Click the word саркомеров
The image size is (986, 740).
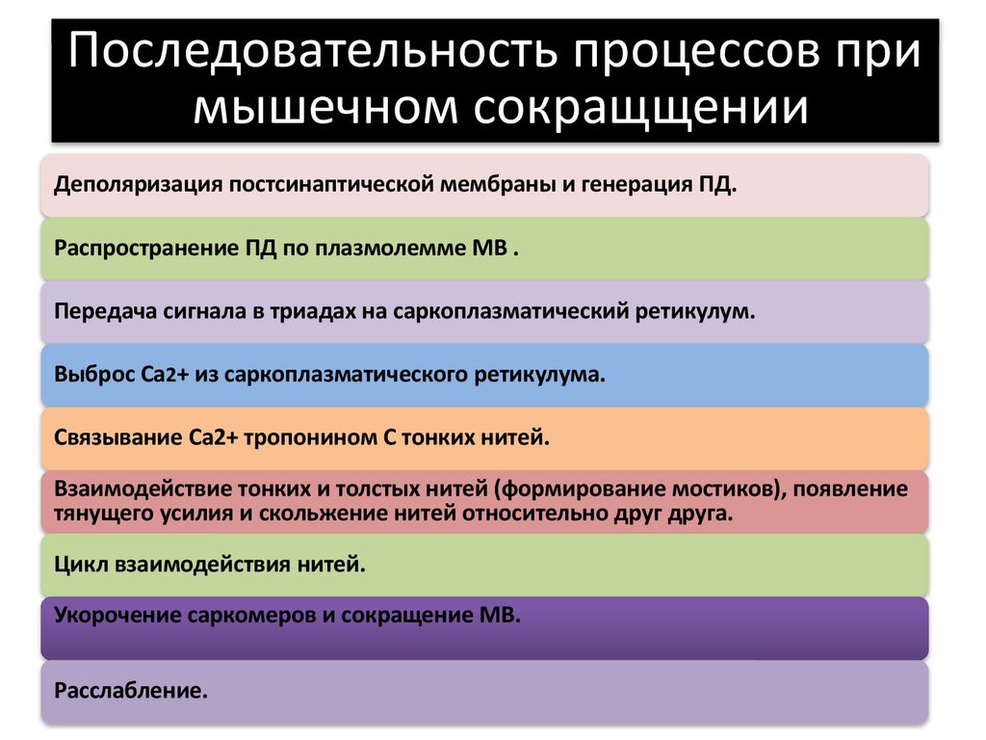coord(251,615)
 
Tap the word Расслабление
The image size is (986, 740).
coord(131,691)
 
